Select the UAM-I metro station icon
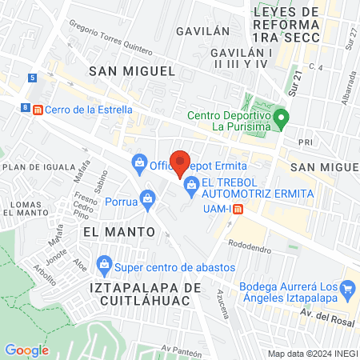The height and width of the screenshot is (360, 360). point(238,209)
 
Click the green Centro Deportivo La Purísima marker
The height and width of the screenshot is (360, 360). point(280,122)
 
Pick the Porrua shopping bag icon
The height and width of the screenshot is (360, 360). point(147,198)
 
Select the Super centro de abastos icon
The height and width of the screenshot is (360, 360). point(104,263)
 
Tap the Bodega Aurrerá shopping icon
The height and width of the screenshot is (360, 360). point(347,288)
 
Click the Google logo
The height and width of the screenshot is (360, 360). point(26,350)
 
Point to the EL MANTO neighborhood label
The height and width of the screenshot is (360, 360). point(118,231)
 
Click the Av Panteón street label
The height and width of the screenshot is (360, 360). point(178,349)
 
